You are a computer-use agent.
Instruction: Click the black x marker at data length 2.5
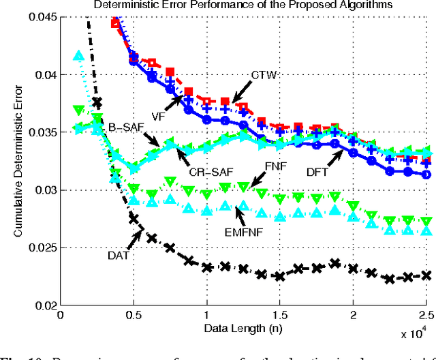[x=425, y=275]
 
